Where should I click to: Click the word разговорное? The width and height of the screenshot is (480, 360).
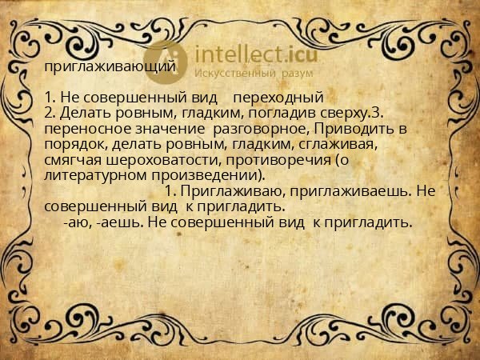pos(265,129)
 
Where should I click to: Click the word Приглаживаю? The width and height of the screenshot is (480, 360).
pos(225,191)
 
